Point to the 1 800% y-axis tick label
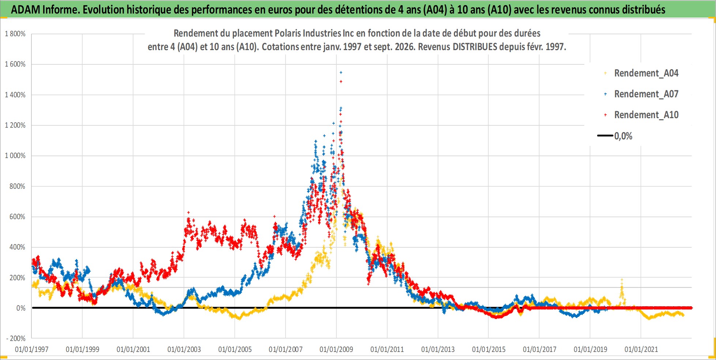[15, 34]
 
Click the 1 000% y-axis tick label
[15, 156]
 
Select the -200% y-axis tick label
[16, 339]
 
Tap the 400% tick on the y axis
[18, 247]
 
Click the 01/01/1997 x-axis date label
[32, 349]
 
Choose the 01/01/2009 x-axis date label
[336, 349]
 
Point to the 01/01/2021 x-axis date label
[641, 349]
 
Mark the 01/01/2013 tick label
[438, 349]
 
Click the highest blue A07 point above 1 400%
[341, 72]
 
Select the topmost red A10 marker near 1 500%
[341, 82]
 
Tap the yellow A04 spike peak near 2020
[622, 280]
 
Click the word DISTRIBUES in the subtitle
[475, 47]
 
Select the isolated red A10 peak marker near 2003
[188, 213]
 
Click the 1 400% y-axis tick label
[15, 95]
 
